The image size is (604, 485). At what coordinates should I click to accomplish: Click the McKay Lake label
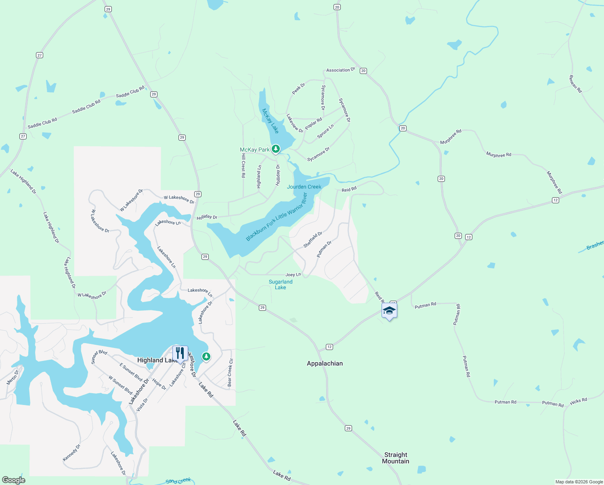point(270,120)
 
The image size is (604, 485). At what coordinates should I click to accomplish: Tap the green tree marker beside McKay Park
point(276,150)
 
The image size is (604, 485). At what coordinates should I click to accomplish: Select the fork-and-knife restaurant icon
point(180,353)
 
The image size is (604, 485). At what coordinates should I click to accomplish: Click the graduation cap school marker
point(389,310)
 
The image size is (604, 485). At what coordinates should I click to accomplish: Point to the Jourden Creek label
point(304,187)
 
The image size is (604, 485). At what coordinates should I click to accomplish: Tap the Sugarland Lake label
point(281,285)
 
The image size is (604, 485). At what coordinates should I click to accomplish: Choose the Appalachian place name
point(325,363)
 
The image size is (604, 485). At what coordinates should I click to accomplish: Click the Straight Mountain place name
point(396,458)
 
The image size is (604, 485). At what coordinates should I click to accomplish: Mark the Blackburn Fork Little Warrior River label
point(277,217)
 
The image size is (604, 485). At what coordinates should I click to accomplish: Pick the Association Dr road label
point(340,70)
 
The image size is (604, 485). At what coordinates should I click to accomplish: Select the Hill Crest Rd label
point(243,165)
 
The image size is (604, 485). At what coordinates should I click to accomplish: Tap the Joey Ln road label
point(293,275)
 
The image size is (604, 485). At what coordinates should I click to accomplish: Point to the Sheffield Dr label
point(313,240)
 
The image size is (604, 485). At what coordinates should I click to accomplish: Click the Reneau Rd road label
point(575,84)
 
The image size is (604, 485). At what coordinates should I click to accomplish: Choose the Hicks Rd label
point(579,401)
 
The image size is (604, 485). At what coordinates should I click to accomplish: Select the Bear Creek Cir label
point(230,373)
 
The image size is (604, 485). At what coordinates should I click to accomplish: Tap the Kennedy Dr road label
point(71,453)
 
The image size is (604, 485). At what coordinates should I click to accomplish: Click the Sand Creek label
point(178,481)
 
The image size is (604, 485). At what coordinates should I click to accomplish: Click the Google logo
point(14,480)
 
